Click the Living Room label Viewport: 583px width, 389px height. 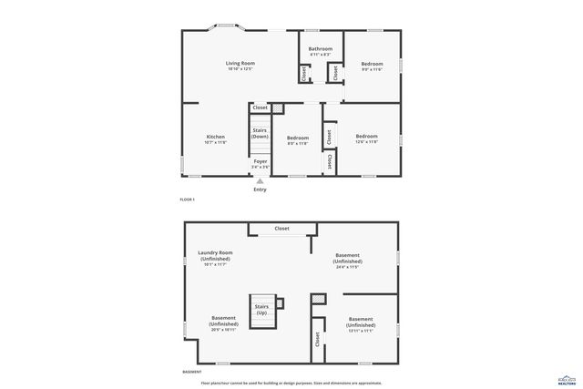(240, 63)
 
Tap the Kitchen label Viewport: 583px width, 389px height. (215, 137)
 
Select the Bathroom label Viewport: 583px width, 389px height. (321, 48)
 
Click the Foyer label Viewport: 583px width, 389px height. (261, 161)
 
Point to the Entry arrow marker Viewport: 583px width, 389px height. (260, 181)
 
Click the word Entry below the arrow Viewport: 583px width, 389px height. (260, 189)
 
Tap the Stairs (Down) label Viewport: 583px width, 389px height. (260, 133)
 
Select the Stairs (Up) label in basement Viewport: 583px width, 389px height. (261, 310)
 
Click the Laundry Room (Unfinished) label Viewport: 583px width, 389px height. (215, 255)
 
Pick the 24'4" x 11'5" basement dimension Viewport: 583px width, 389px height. (347, 267)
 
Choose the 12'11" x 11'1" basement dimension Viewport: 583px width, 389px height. (361, 331)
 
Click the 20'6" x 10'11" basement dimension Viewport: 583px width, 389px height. (223, 329)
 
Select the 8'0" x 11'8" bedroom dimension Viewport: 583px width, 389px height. (298, 143)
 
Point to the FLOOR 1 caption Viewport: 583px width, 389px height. (188, 200)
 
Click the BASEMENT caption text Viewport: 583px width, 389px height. (192, 372)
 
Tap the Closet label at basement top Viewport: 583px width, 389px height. (281, 229)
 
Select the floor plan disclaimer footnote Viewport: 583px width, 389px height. (291, 383)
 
